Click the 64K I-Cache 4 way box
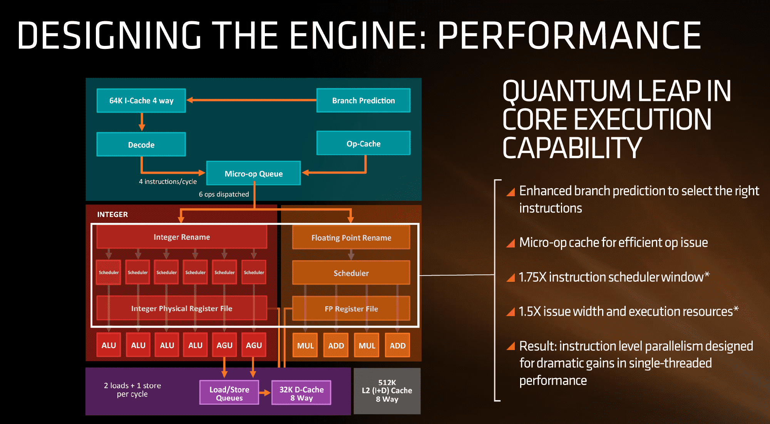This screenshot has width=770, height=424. click(x=141, y=101)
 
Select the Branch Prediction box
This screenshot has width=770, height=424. click(x=363, y=101)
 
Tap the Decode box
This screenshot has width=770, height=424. click(x=141, y=145)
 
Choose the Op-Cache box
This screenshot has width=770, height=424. click(x=363, y=143)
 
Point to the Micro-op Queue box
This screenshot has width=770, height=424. click(x=253, y=173)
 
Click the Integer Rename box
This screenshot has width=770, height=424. click(x=182, y=237)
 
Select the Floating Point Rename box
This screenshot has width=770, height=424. click(x=351, y=238)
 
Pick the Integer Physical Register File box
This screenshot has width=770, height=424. click(x=182, y=308)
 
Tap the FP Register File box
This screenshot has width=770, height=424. click(x=351, y=309)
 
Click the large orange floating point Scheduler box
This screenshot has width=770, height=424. click(x=351, y=273)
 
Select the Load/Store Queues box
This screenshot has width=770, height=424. click(x=229, y=393)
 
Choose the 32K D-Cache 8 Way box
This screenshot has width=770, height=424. click(x=301, y=393)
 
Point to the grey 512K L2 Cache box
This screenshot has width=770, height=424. click(x=387, y=391)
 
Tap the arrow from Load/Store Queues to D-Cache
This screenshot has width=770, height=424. click(x=265, y=393)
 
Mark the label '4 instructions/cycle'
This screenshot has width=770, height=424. click(x=168, y=182)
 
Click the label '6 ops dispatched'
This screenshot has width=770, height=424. click(x=224, y=194)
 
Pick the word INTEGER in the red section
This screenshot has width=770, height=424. click(x=112, y=214)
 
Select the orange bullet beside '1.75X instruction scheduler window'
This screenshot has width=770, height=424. click(x=511, y=278)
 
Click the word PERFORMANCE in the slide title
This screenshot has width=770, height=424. click(x=569, y=35)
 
